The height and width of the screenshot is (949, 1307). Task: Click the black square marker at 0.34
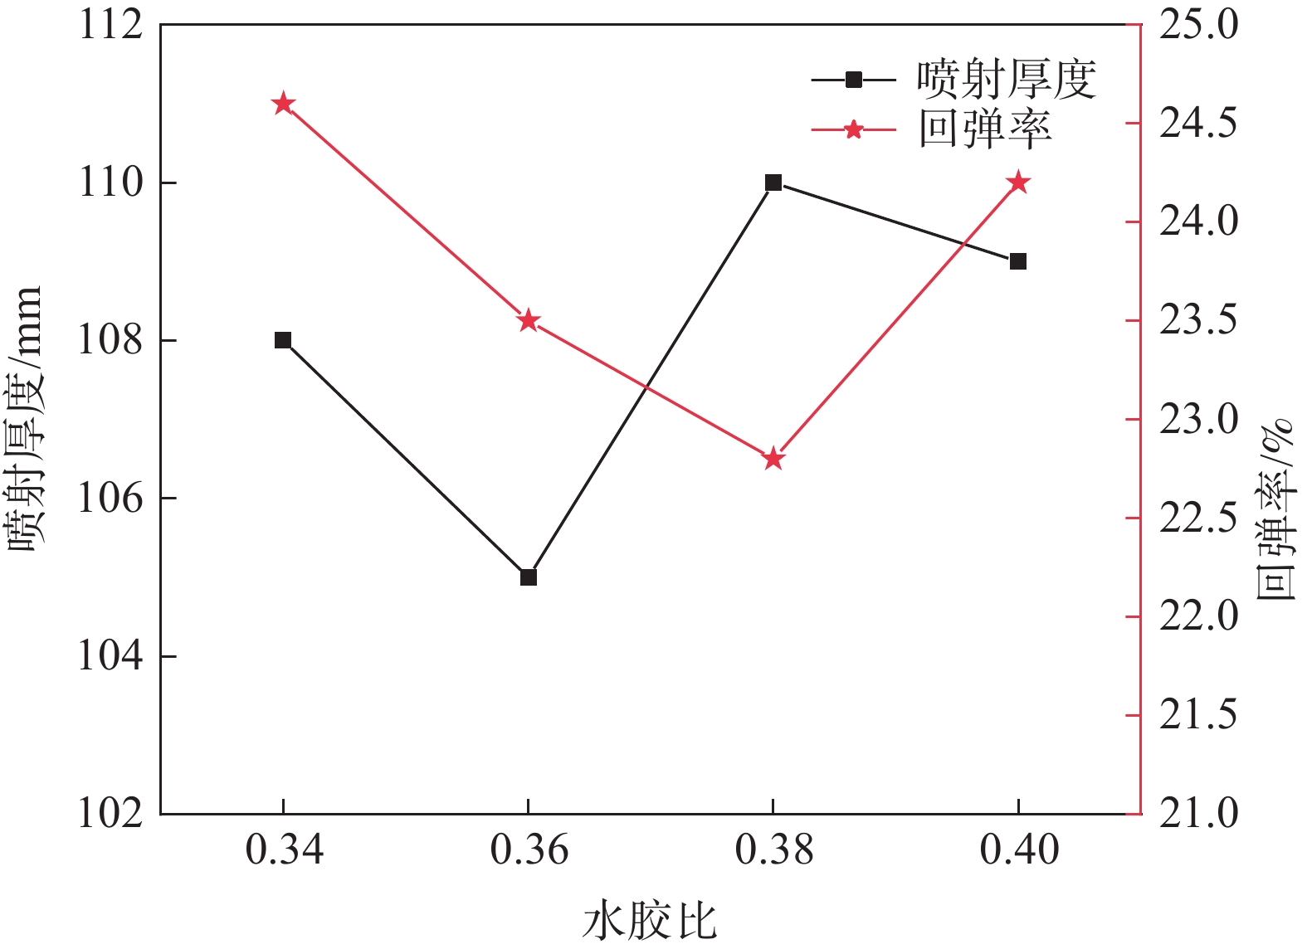click(283, 340)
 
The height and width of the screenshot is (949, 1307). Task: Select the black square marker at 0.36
click(529, 577)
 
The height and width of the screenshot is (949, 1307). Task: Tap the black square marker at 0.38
click(773, 182)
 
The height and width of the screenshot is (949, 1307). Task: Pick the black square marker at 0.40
click(1018, 261)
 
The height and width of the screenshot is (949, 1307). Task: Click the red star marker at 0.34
click(283, 104)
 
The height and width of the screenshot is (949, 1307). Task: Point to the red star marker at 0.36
click(529, 321)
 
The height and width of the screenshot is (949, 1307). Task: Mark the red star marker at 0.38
click(773, 459)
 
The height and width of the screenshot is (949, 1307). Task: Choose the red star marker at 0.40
click(1018, 182)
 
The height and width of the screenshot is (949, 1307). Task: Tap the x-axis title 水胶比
click(649, 921)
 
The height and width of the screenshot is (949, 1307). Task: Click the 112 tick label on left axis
click(111, 25)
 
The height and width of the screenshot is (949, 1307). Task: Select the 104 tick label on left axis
click(111, 656)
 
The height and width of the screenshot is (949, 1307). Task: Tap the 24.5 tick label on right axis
click(1197, 124)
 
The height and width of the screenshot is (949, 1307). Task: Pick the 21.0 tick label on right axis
click(1197, 814)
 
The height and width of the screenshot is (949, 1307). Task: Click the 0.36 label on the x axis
click(529, 851)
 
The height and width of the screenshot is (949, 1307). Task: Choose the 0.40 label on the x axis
click(1018, 851)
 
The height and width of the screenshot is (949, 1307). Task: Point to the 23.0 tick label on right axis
click(1197, 420)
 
